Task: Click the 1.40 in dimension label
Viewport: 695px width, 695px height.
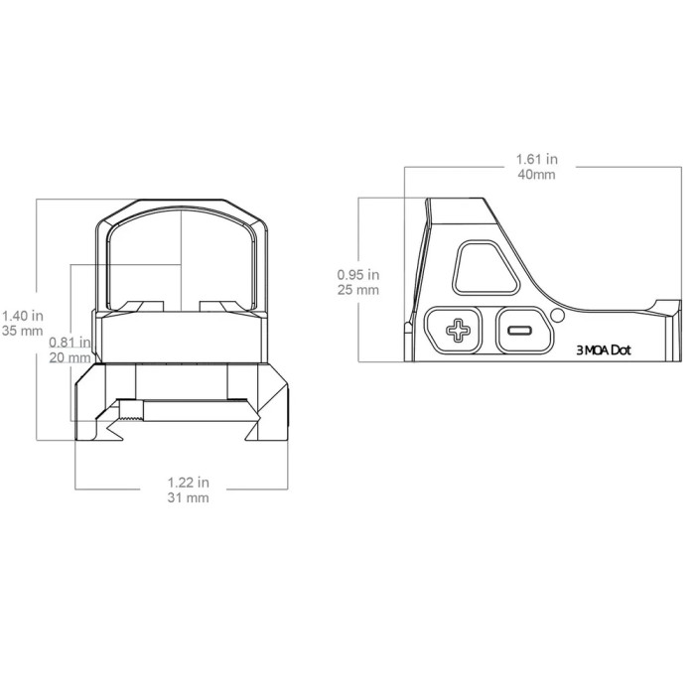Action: pyautogui.click(x=23, y=316)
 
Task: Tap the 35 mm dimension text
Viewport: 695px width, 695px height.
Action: pyautogui.click(x=23, y=331)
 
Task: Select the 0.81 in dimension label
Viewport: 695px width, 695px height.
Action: pyautogui.click(x=69, y=343)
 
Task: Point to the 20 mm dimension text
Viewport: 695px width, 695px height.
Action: pyautogui.click(x=69, y=357)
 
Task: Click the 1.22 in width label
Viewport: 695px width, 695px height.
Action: pyautogui.click(x=188, y=482)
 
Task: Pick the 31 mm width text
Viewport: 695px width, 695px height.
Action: pyautogui.click(x=188, y=497)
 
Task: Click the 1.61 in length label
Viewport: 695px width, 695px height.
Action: pyautogui.click(x=537, y=159)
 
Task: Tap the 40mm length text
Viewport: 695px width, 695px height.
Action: pyautogui.click(x=536, y=174)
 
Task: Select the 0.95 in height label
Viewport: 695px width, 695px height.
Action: pyautogui.click(x=358, y=275)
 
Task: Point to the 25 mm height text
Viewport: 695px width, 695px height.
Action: pyautogui.click(x=358, y=290)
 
